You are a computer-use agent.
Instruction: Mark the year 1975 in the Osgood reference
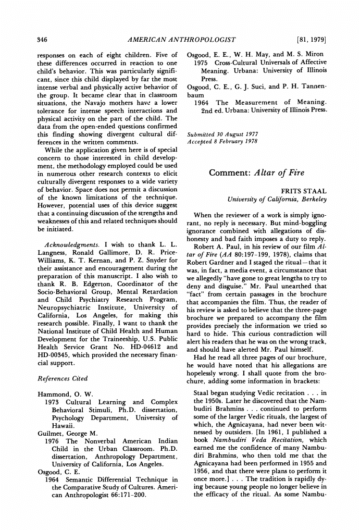[x=202, y=63]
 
